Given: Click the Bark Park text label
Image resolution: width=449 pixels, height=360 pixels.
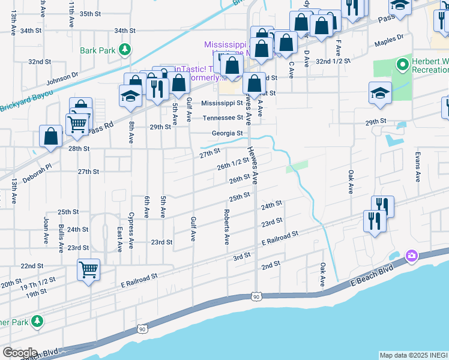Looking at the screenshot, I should [x=97, y=50].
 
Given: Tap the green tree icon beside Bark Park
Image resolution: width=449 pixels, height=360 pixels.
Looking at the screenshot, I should [x=124, y=49].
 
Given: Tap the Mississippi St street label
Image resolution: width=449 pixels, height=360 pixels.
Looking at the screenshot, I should [x=225, y=103].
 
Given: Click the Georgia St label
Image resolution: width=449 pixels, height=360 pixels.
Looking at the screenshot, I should [x=227, y=133].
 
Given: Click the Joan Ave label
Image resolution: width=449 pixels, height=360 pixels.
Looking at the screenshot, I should [x=46, y=230].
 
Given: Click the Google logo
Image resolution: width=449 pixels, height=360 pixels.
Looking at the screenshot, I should [x=20, y=353].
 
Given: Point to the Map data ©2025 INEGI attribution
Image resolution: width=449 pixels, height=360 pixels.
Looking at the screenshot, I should [x=414, y=355].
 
